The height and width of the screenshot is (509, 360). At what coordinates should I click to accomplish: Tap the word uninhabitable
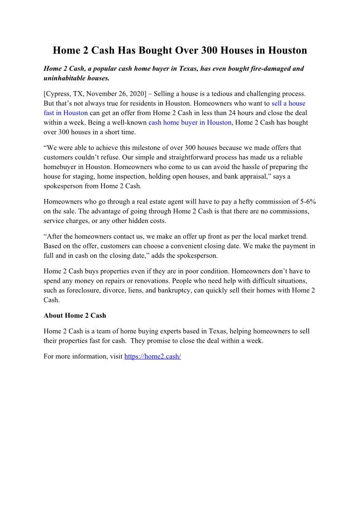65,78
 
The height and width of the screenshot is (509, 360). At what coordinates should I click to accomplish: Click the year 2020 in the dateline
136,94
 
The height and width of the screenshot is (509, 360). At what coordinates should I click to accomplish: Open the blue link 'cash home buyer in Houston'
190,122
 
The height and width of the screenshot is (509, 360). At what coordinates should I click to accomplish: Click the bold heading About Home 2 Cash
75,315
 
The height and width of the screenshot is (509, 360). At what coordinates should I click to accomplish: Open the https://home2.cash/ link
152,357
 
